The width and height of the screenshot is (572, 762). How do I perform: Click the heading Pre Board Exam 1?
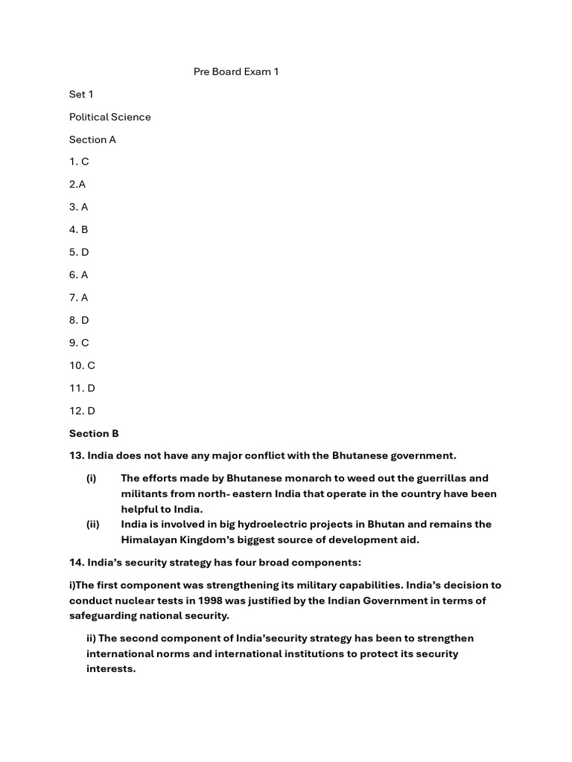click(235, 72)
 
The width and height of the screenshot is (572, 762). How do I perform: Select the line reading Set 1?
click(81, 95)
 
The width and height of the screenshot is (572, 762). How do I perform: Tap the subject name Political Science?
click(109, 117)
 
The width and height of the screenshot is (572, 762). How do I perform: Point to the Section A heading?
click(92, 139)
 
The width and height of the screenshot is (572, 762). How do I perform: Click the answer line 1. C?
click(79, 161)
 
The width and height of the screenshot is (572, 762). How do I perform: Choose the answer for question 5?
click(79, 252)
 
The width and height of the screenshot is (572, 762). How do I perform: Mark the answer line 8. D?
click(79, 320)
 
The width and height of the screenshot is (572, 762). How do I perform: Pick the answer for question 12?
click(82, 411)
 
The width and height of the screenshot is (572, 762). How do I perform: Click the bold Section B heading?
click(94, 433)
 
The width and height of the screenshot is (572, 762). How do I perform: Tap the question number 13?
click(77, 455)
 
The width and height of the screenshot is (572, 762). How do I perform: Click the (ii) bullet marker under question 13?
click(92, 524)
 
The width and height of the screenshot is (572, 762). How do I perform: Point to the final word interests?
click(110, 669)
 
